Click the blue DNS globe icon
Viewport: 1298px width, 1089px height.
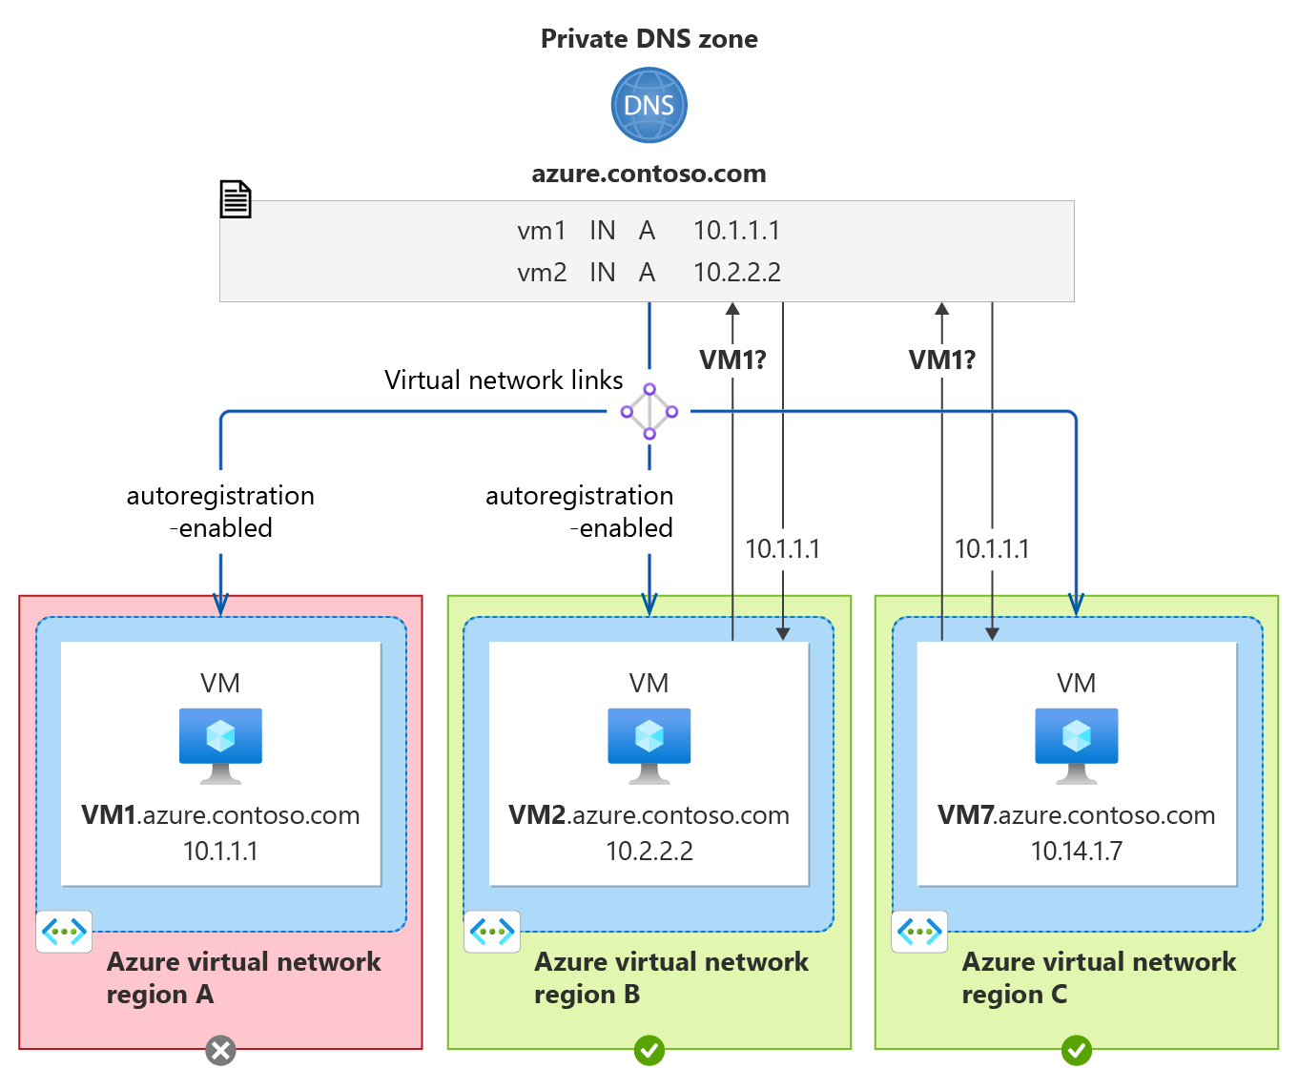pos(649,105)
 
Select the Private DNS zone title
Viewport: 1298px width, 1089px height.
pos(649,39)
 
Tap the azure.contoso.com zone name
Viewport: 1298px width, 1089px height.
pos(649,174)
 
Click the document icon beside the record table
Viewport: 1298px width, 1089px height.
pos(236,199)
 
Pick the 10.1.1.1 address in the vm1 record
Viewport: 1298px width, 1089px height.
pos(736,231)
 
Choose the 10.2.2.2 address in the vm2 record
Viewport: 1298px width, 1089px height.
pos(736,273)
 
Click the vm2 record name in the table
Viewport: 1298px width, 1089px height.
pos(542,273)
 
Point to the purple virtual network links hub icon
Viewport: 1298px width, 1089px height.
pos(649,412)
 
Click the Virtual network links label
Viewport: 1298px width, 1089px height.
pos(504,380)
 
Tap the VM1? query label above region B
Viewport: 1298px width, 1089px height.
pos(732,360)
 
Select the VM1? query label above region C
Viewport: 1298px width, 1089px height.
pos(941,360)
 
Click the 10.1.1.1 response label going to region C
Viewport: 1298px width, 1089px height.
pos(992,549)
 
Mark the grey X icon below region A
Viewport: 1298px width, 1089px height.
pos(220,1051)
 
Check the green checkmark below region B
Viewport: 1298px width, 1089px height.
pos(649,1051)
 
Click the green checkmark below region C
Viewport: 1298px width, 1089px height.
pos(1077,1051)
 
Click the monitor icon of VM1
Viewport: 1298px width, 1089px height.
pos(220,745)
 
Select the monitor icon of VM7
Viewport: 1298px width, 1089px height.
pos(1077,745)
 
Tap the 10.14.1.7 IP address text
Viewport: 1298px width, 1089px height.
pos(1077,851)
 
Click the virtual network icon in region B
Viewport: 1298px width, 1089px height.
pos(492,932)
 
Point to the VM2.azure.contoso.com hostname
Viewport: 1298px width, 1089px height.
pos(649,815)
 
